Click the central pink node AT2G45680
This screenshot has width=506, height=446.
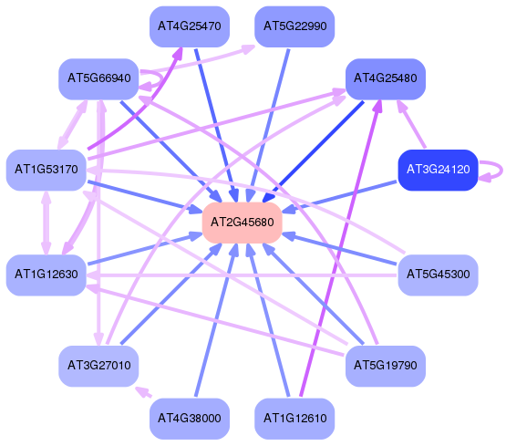coord(242,223)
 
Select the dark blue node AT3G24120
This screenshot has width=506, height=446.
coord(438,170)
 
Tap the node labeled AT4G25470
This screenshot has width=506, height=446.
coord(190,26)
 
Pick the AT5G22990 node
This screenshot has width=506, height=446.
coord(294,26)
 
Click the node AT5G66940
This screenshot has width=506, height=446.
coord(98,78)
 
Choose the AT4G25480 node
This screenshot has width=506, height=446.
coord(386,78)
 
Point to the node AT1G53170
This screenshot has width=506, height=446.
coord(46,170)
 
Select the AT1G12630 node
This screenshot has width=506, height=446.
coord(46,275)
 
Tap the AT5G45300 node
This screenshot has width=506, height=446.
coord(438,275)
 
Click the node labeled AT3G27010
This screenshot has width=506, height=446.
coord(98,366)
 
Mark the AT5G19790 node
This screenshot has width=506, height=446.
coord(386,366)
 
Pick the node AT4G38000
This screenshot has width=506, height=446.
coord(190,419)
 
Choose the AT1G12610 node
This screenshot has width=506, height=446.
coord(294,419)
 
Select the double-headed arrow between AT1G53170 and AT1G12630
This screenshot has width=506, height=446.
coord(46,223)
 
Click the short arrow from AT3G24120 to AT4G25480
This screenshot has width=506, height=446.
coord(412,124)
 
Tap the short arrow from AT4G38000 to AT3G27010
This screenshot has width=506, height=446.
coord(143,392)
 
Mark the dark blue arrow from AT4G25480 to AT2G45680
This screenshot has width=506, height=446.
coord(313,152)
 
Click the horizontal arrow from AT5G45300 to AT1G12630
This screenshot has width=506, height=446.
coord(242,275)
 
